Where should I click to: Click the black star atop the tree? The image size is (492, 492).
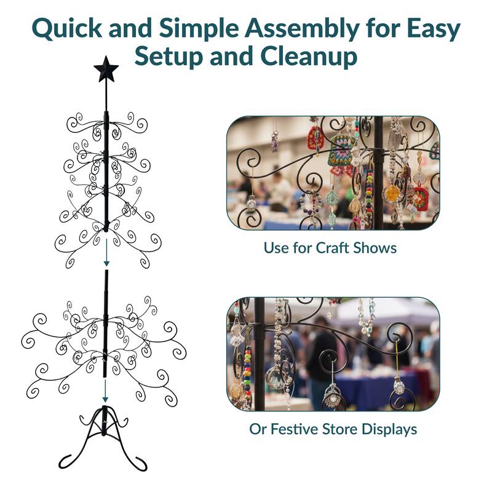tap(106, 69)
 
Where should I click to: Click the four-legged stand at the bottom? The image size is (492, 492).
tap(106, 434)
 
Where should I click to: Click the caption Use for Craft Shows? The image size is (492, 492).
tap(330, 248)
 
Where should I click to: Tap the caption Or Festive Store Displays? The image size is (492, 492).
tap(333, 429)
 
